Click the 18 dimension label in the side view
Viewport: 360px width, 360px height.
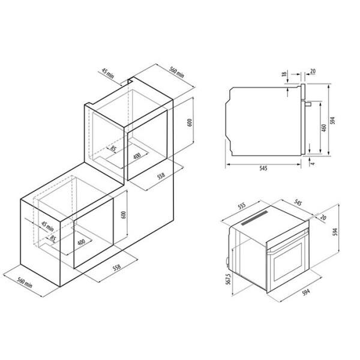[x=284, y=74]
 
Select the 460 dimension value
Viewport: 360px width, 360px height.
[x=324, y=128]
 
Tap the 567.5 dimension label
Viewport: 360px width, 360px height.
[x=228, y=279]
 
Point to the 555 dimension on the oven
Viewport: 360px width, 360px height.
[x=242, y=205]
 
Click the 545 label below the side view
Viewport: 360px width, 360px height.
[x=263, y=168]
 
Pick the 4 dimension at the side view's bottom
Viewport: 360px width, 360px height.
[x=313, y=163]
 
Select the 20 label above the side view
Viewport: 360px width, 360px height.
[x=313, y=71]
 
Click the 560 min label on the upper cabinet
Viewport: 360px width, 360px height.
[x=176, y=72]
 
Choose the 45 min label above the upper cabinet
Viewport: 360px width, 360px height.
[x=107, y=73]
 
